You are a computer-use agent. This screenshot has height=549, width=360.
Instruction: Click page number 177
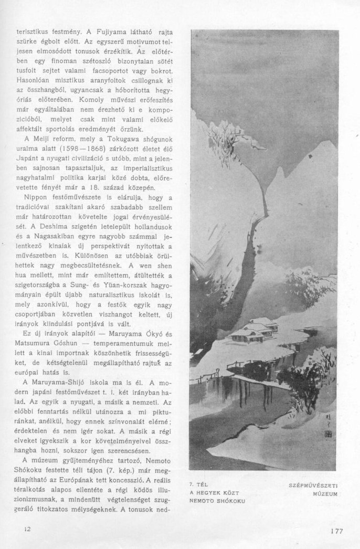(336, 531)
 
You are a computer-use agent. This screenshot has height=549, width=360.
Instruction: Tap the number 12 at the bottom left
(28, 529)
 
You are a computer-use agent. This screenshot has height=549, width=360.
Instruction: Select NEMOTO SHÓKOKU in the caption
(216, 501)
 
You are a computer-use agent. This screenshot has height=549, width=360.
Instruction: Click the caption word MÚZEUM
(325, 494)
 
